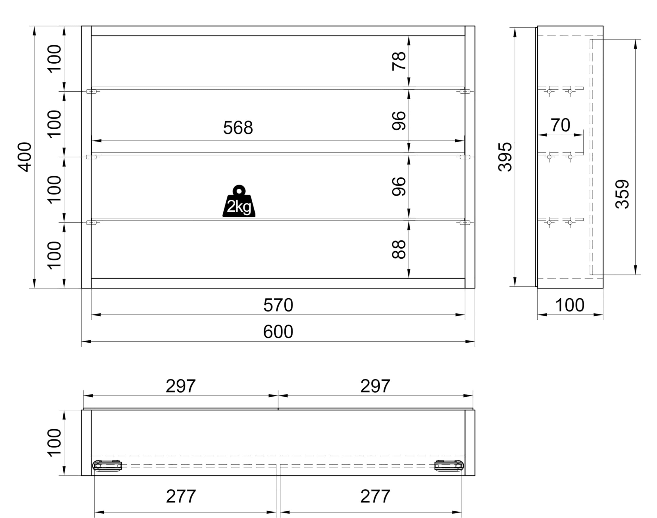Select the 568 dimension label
coord(238,128)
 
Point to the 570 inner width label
coord(278,305)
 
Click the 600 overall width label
coord(278,332)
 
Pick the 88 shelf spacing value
coord(399,249)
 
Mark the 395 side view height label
coord(505,157)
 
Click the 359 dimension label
coord(622,194)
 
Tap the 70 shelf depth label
coord(560,125)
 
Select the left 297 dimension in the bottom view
coord(181,386)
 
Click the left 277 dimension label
coord(181,496)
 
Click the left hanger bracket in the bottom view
coord(107,466)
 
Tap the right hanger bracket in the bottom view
coord(449,466)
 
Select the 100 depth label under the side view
coord(570,305)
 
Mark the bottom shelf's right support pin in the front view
coord(465,223)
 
